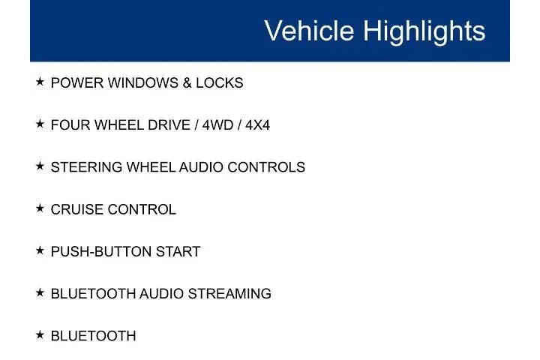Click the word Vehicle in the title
pyautogui.click(x=309, y=31)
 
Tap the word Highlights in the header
pyautogui.click(x=424, y=31)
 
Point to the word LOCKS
pyautogui.click(x=220, y=83)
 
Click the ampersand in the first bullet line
pyautogui.click(x=187, y=83)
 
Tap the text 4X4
pyautogui.click(x=256, y=125)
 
